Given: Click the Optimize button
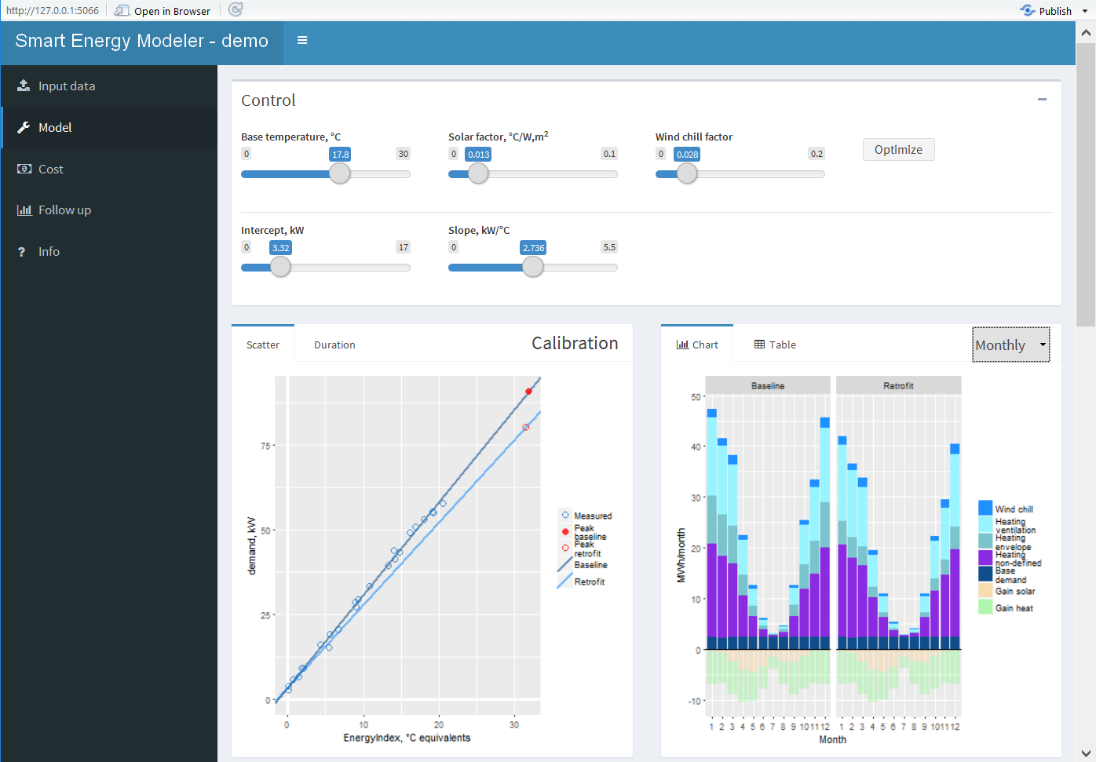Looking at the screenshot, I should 898,150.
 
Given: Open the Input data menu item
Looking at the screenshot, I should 66,86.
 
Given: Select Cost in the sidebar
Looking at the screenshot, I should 50,170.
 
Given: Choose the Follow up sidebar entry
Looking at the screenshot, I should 64,210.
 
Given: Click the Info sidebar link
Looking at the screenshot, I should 49,252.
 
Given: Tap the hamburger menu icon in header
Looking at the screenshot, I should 302,41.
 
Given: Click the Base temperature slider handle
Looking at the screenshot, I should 339,174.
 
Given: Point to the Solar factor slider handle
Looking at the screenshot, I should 478,174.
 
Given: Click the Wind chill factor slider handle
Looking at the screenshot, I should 687,174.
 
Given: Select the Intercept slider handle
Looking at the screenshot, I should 280,268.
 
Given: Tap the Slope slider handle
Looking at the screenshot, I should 533,268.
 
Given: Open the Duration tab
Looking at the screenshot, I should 334,345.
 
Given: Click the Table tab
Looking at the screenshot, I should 775,345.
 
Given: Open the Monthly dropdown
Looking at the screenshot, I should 1010,345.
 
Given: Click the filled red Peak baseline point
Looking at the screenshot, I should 529,392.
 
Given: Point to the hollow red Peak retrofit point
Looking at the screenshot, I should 526,428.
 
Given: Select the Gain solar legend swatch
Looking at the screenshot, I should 985,591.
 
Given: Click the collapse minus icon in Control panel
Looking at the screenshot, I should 1042,100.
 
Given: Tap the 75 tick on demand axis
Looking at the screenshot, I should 265,446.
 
